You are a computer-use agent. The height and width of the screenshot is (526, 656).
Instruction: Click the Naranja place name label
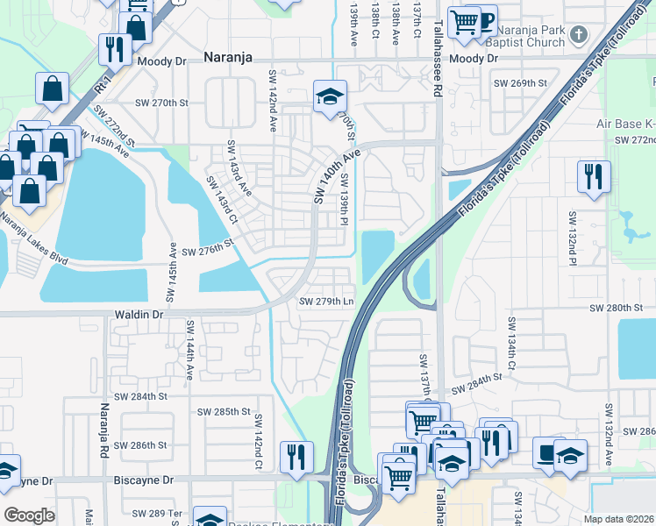pos(227,57)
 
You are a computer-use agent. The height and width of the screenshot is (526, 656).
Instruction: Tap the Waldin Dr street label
pos(139,314)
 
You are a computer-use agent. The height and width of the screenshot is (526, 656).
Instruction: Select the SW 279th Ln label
pos(326,302)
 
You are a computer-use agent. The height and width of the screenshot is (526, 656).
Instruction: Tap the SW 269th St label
pos(520,82)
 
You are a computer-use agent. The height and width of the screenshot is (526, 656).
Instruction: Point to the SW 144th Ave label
pos(189,350)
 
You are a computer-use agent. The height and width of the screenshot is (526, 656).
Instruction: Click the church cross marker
pos(578,35)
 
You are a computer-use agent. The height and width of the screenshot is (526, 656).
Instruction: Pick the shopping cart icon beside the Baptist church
pos(464,22)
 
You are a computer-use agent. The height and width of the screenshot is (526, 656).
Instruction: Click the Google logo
pos(28,515)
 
